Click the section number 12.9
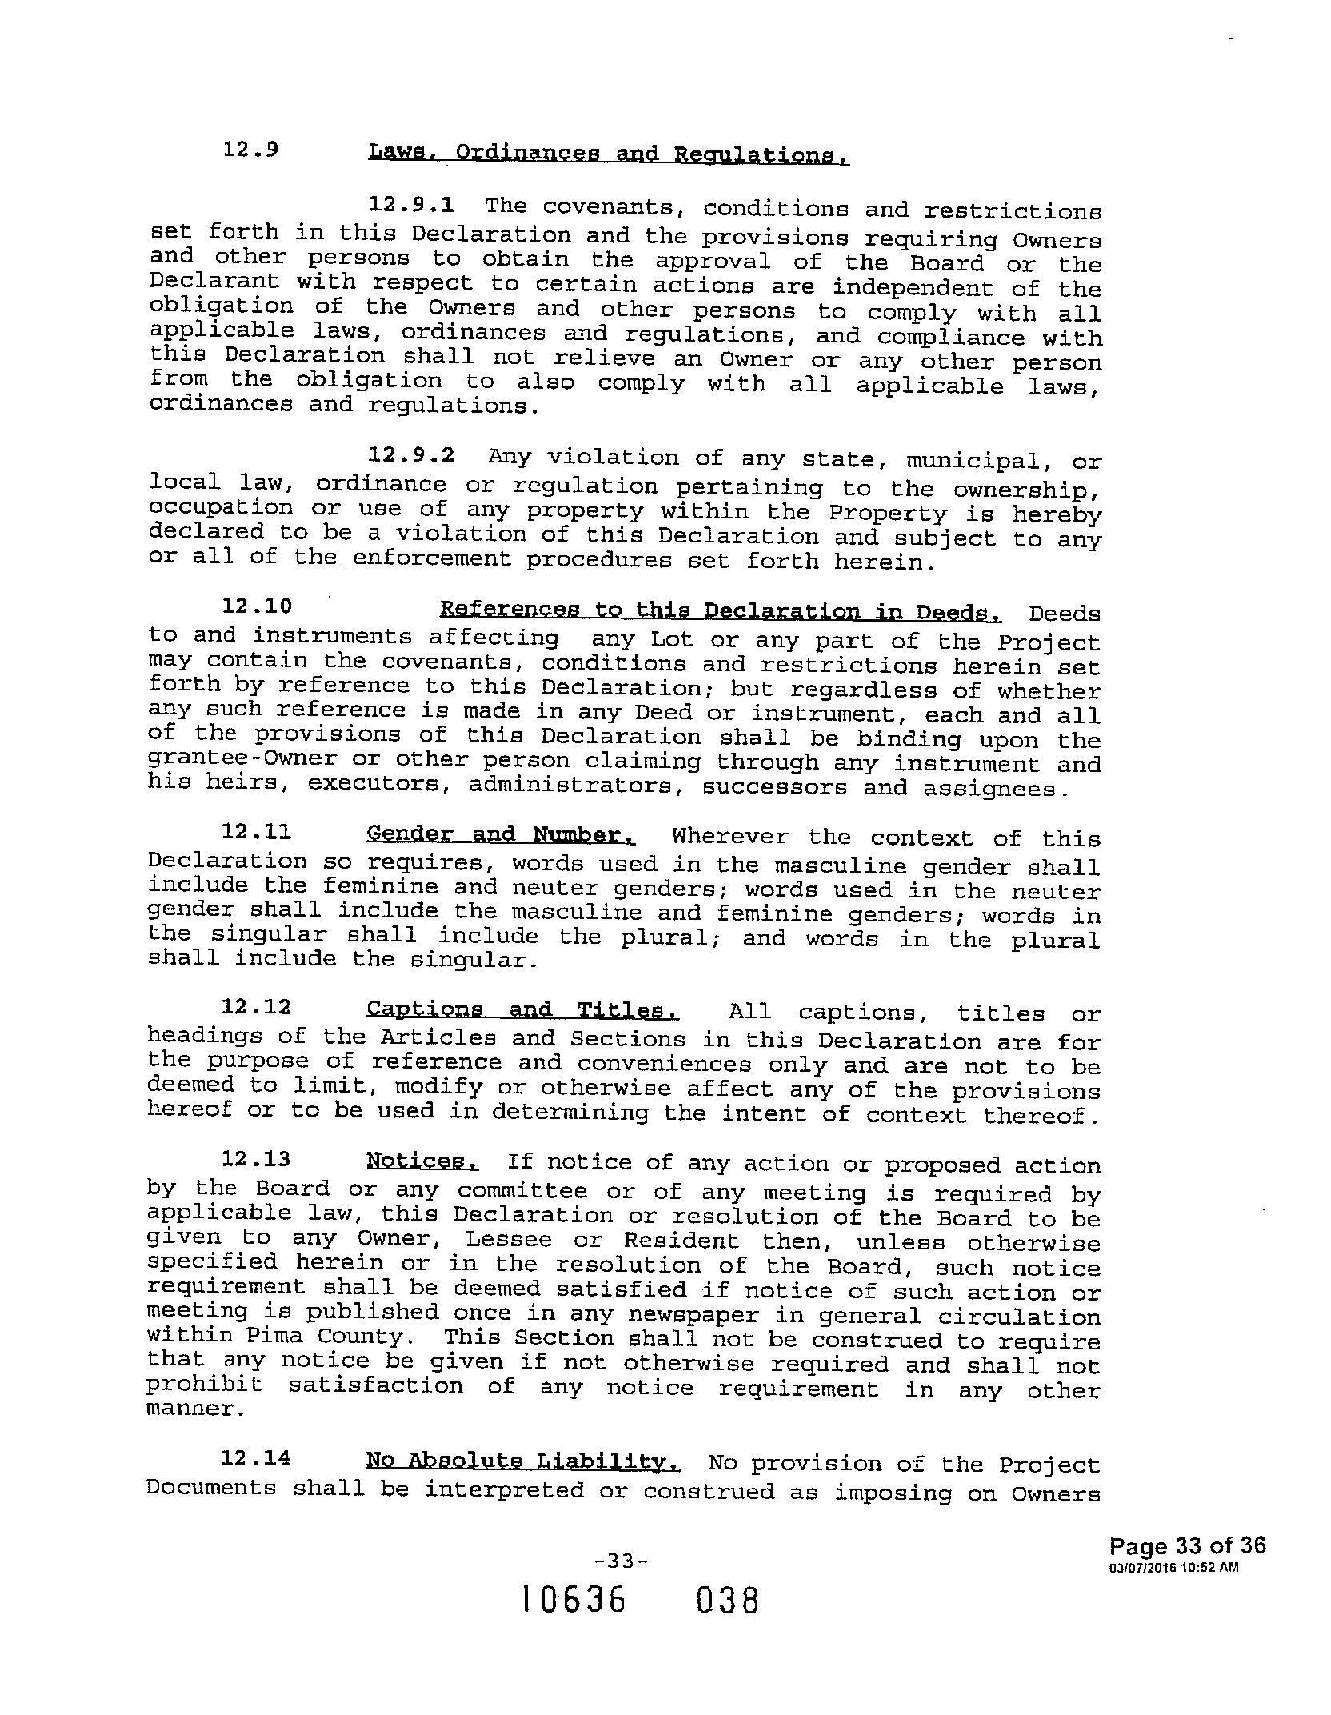click(x=250, y=150)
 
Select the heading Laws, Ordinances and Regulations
click(x=608, y=153)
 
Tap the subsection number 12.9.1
click(x=411, y=205)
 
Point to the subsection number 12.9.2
click(x=411, y=455)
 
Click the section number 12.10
click(x=257, y=606)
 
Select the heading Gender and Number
click(x=501, y=834)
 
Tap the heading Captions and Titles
click(x=522, y=1010)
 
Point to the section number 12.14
click(x=255, y=1458)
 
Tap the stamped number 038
click(x=726, y=1601)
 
